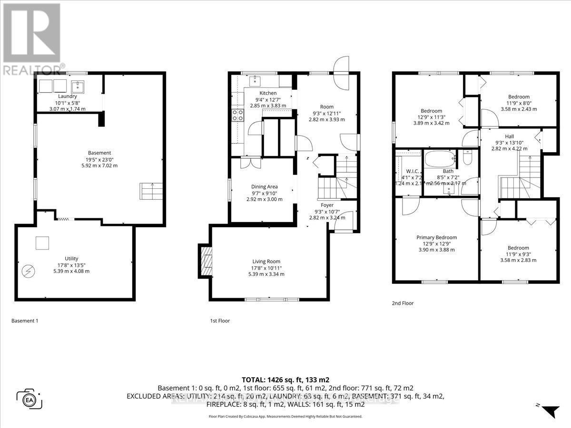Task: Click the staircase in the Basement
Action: [x=148, y=191]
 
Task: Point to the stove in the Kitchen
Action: [x=237, y=115]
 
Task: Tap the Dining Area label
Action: [x=264, y=186]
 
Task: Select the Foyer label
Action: [x=327, y=205]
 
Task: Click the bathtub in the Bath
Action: [x=439, y=158]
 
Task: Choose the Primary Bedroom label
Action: [x=436, y=237]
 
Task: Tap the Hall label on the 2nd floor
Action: [x=509, y=136]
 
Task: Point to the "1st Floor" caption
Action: [x=220, y=321]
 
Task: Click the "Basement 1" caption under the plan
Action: [x=24, y=321]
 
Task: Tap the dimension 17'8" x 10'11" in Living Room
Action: [x=266, y=268]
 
